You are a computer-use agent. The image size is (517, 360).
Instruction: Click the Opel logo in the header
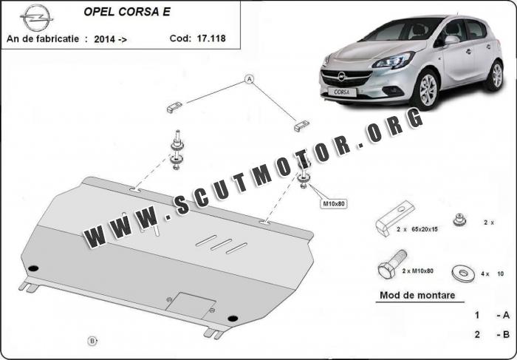[x=36, y=18]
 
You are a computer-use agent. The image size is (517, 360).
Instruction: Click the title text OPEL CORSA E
[x=127, y=12]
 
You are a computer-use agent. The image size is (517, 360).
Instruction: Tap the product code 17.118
[x=211, y=38]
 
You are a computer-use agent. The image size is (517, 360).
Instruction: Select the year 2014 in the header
[x=105, y=39]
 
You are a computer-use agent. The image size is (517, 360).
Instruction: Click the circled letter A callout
[x=250, y=79]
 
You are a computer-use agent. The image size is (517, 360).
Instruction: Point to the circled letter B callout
[x=92, y=341]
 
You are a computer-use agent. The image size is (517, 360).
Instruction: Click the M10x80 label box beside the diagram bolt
[x=333, y=204]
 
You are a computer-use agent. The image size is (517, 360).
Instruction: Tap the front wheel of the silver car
[x=428, y=89]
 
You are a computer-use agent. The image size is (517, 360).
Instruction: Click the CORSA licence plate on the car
[x=342, y=92]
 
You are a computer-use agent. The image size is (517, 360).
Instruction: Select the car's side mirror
[x=451, y=40]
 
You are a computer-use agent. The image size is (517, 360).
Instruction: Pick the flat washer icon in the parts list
[x=463, y=273]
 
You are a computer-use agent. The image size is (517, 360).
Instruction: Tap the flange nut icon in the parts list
[x=459, y=220]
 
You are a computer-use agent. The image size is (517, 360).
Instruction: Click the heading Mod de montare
[x=417, y=295]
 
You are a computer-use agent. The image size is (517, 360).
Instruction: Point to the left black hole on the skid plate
[x=33, y=268]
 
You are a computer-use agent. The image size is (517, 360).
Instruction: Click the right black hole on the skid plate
[x=233, y=319]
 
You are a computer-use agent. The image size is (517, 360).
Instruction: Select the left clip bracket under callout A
[x=174, y=107]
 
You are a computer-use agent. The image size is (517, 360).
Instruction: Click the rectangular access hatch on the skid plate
[x=191, y=305]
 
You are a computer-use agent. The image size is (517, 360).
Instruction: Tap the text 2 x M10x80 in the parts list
[x=417, y=271]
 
